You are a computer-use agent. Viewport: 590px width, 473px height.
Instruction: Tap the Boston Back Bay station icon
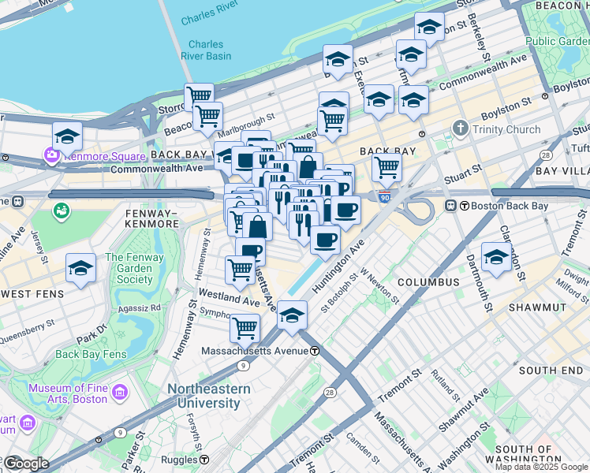point(451,206)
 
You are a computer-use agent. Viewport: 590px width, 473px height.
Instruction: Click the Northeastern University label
point(208,396)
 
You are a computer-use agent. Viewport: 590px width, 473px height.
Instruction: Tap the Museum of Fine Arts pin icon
point(120,392)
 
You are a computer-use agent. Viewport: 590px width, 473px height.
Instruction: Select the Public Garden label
point(557,41)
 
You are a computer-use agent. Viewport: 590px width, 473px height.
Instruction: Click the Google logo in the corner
point(26,463)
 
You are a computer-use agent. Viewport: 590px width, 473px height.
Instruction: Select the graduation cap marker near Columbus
point(496,256)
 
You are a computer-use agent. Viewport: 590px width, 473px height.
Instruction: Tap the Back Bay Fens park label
point(91,354)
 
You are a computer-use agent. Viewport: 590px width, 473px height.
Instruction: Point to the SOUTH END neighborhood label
point(551,370)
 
